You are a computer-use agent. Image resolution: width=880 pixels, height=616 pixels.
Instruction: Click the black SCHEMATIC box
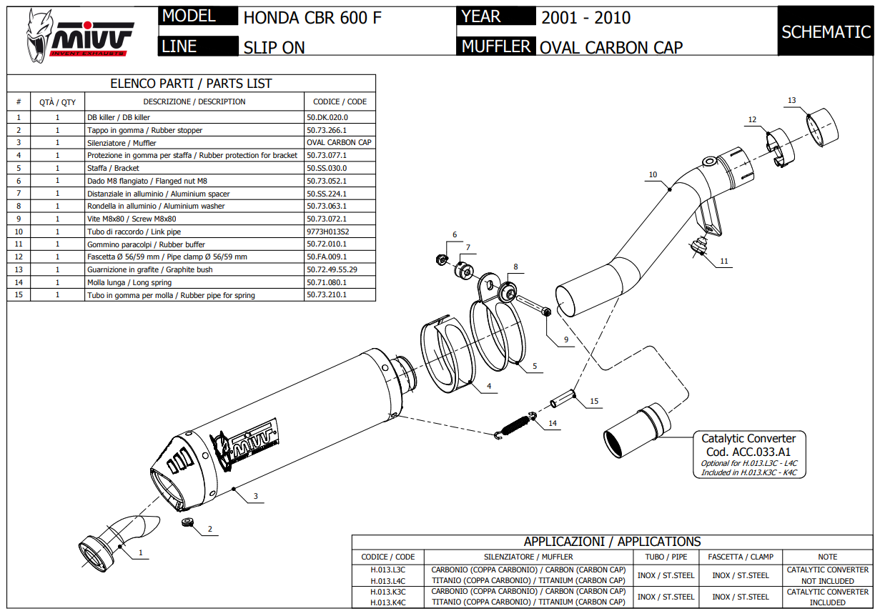[x=826, y=31]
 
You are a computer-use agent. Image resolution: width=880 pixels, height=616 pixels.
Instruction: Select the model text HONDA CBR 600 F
[x=312, y=18]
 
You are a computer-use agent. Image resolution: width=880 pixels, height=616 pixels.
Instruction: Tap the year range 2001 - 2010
[x=585, y=18]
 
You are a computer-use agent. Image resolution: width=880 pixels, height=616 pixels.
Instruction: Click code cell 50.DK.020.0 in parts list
[x=327, y=117]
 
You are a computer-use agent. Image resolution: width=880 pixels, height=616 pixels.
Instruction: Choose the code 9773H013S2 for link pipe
[x=327, y=232]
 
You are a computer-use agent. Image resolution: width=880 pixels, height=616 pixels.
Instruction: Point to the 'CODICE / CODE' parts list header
[x=340, y=101]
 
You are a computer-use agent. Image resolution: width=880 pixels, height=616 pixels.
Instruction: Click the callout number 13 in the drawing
[x=791, y=101]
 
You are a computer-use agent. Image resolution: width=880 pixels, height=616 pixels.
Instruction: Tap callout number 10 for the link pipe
[x=653, y=174]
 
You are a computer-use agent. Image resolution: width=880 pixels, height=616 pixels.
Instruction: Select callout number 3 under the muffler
[x=255, y=496]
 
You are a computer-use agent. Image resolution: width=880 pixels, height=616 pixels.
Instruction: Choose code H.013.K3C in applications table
[x=387, y=592]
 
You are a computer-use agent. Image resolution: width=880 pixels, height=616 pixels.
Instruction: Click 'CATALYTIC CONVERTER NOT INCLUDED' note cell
[x=827, y=575]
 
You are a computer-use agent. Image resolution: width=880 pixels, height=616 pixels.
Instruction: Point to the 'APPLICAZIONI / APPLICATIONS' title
[x=612, y=542]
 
